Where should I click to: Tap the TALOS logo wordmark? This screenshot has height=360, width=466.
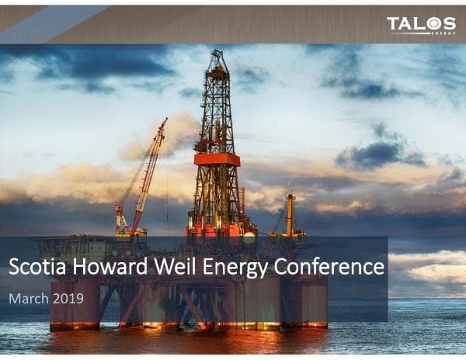pyautogui.click(x=421, y=24)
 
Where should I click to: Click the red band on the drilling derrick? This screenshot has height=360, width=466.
pyautogui.click(x=217, y=158)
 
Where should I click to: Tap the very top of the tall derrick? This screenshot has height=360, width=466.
pyautogui.click(x=216, y=53)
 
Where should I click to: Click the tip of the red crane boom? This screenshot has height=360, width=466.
pyautogui.click(x=165, y=120)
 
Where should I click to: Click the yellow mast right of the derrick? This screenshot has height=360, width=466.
pyautogui.click(x=290, y=213)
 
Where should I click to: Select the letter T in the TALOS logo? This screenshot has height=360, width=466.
pyautogui.click(x=394, y=24)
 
